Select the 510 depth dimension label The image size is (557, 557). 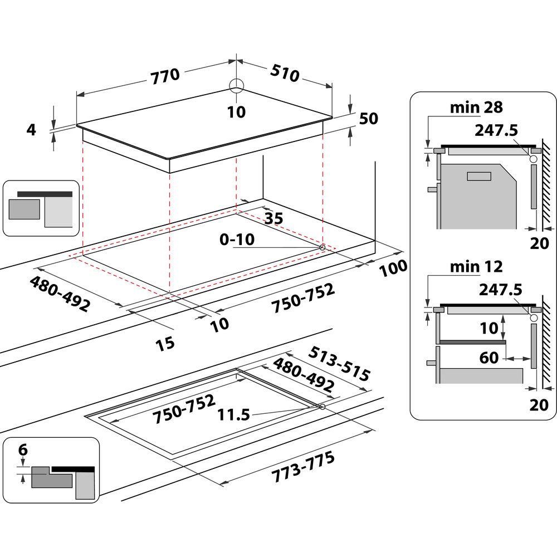tap(285, 73)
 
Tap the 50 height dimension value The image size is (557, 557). tap(369, 119)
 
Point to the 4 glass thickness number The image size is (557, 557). tap(31, 130)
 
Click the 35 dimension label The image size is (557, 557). tap(273, 218)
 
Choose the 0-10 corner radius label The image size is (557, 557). tap(237, 240)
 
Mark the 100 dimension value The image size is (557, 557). tap(393, 268)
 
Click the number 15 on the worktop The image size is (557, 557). tap(165, 343)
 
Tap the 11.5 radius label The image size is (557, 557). tap(234, 414)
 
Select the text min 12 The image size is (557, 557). tap(476, 266)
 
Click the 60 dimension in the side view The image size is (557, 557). tap(489, 357)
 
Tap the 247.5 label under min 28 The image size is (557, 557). tap(496, 130)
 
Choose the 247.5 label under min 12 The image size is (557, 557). tap(500, 290)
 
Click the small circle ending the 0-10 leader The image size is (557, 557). tap(323, 247)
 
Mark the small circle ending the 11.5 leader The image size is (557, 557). tap(323, 407)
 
